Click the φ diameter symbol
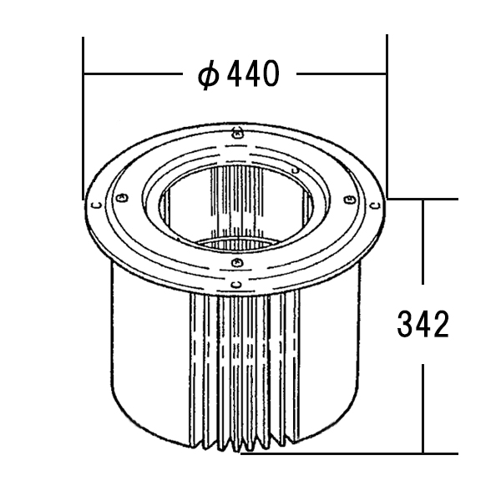pyautogui.click(x=208, y=74)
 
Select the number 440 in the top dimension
pyautogui.click(x=253, y=73)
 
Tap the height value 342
pyautogui.click(x=423, y=325)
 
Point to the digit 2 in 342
pyautogui.click(x=441, y=325)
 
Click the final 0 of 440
pyautogui.click(x=271, y=73)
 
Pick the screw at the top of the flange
pyautogui.click(x=237, y=134)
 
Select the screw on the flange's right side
pyautogui.click(x=348, y=200)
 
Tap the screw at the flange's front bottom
pyautogui.click(x=236, y=263)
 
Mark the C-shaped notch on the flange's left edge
pyautogui.click(x=97, y=205)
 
